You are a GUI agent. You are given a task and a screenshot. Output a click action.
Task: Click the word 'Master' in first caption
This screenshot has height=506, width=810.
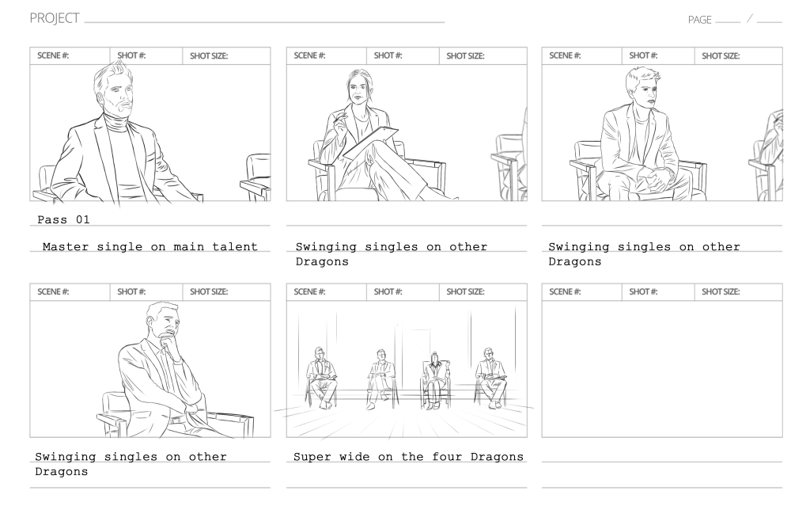tap(66, 247)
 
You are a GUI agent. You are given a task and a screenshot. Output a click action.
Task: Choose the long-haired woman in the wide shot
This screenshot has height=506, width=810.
tap(433, 376)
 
